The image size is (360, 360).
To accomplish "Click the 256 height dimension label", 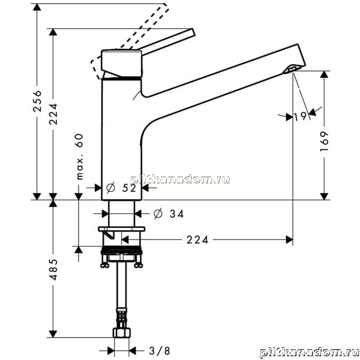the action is coord(37,101).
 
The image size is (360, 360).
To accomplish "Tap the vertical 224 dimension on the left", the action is coord(53,114).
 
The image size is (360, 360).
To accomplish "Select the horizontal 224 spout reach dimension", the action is coord(197,240).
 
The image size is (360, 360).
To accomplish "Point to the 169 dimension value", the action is coord(324,141).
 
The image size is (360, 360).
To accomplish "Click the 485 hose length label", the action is coord(53,269).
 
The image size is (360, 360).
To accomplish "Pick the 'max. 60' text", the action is coord(79,157).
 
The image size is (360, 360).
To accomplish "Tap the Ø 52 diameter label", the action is coord(121,188).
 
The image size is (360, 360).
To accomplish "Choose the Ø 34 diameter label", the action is coord(169,214).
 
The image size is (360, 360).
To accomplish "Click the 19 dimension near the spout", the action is coord(300,116).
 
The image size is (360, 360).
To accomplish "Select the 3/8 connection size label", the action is coord(159,351).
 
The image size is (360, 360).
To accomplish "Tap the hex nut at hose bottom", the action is coord(122,333).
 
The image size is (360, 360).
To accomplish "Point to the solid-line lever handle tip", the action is coord(193,32).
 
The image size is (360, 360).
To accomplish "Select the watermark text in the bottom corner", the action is coord(309,353).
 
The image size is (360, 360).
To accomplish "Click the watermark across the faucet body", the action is coord(180,179).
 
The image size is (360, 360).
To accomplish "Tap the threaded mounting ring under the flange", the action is coord(122,250).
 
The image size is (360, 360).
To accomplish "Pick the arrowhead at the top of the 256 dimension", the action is coord(37,7).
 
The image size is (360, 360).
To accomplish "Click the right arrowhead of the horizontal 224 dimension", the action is coord(289,240).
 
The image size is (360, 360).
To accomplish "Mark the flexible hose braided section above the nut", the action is coord(122,318).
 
